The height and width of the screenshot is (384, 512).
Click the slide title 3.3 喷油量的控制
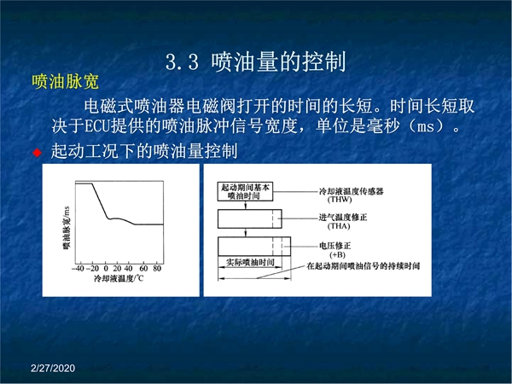(256, 61)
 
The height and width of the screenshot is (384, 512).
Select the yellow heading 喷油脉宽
(66, 82)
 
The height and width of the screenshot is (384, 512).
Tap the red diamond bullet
(38, 153)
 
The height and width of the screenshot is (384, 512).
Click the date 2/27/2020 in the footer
(53, 368)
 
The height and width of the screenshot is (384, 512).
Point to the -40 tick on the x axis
(78, 269)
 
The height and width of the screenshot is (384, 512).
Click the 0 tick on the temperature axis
(106, 269)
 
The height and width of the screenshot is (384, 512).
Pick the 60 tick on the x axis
(143, 269)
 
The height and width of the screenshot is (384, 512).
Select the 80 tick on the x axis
(157, 269)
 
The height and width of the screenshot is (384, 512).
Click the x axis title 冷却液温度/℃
(119, 278)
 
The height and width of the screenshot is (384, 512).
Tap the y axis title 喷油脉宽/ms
(67, 228)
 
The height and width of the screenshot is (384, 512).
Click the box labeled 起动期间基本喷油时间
(245, 191)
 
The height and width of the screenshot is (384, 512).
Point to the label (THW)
(340, 200)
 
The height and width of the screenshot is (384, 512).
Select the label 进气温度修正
(343, 217)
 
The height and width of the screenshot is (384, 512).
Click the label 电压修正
(335, 246)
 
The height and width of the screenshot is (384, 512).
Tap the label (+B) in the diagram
(337, 254)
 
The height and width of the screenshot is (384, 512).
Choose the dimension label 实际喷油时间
(250, 262)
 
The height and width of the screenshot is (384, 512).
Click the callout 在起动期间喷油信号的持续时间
(364, 266)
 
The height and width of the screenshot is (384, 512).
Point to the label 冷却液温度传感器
(352, 191)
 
